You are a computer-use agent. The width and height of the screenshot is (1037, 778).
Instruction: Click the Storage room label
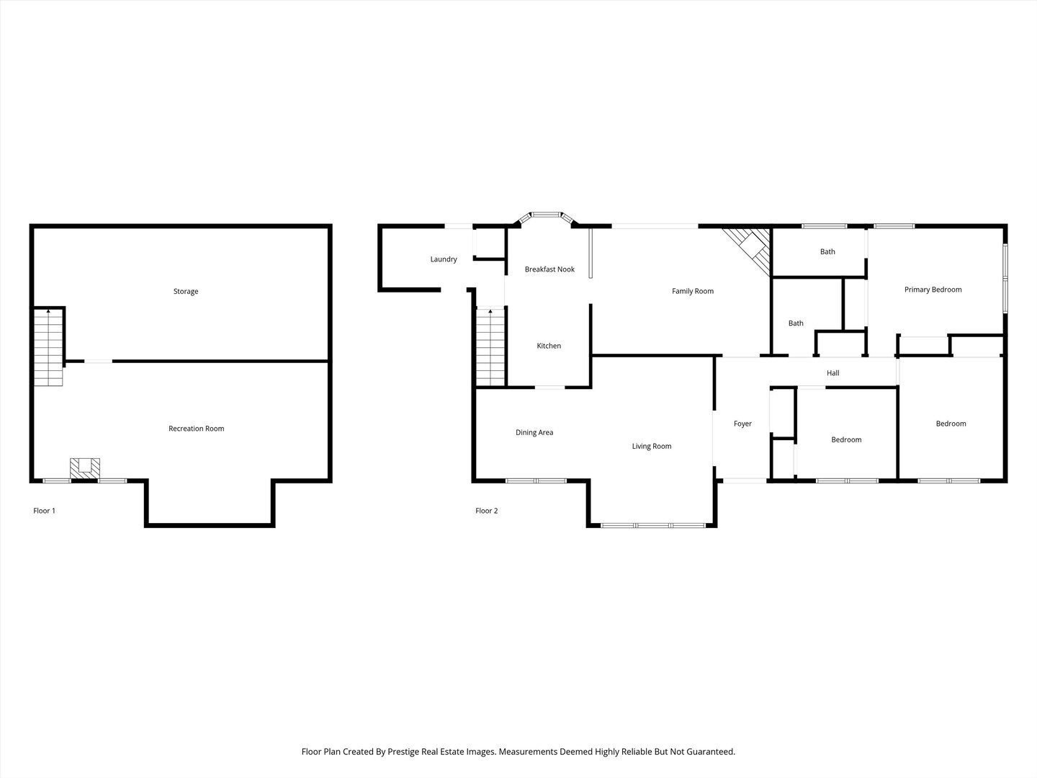186,292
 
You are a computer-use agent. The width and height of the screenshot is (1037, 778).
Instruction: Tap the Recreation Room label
196,429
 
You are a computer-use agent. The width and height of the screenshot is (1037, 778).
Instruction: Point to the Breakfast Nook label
549,269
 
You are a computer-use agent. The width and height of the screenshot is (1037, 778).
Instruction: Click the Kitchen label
549,346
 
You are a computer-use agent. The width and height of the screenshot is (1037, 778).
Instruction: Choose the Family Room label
693,291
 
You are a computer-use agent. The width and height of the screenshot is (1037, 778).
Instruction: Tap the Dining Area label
534,432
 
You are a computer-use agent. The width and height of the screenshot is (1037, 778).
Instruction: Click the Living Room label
652,447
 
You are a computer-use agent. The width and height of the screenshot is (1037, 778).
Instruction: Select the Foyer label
742,424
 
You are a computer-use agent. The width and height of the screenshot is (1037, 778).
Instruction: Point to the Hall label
833,373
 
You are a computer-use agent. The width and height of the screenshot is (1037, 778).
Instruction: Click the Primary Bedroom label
933,290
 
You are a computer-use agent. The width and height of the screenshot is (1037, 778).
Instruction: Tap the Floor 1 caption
44,511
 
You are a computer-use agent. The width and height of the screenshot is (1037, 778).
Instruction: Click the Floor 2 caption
486,511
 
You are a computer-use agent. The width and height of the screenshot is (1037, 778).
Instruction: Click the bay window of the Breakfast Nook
546,215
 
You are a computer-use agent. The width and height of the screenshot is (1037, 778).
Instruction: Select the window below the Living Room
652,525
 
